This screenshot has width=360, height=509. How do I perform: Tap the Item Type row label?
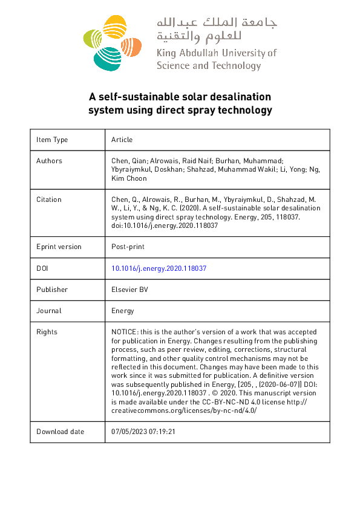(x=52, y=140)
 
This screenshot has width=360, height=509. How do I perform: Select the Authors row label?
(x=49, y=161)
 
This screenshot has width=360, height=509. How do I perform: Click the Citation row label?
(x=49, y=199)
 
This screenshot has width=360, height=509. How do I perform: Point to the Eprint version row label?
(x=59, y=247)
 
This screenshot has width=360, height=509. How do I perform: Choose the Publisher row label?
(x=52, y=290)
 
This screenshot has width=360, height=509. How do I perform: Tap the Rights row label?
(x=47, y=332)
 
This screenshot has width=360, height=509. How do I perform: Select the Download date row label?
(x=61, y=432)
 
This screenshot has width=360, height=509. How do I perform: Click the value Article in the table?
(x=122, y=140)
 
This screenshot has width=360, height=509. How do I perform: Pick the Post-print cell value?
(x=128, y=247)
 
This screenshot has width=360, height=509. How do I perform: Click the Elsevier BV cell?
(x=129, y=290)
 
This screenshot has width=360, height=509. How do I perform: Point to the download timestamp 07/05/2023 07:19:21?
(x=143, y=432)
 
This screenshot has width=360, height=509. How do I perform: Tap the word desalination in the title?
(x=241, y=97)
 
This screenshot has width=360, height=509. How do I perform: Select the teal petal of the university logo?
(x=105, y=58)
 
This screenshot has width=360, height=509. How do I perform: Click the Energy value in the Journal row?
(x=123, y=311)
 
